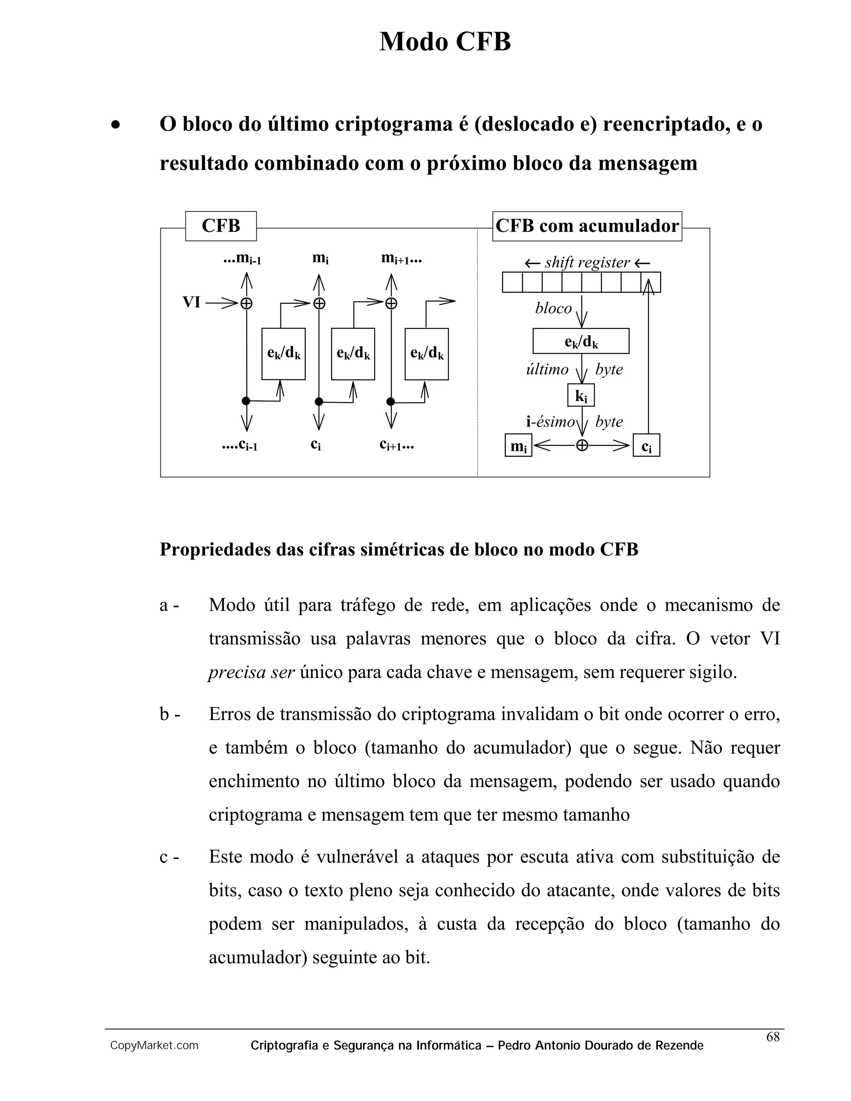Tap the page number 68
point(772,1037)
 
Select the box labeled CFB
point(221,226)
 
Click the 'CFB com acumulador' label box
point(587,226)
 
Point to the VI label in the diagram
point(191,302)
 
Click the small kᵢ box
point(581,396)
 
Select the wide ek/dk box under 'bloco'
point(581,341)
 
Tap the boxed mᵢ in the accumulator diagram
point(518,446)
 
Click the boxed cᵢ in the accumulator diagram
point(646,446)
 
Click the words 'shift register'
point(587,263)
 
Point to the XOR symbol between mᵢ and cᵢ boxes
point(582,446)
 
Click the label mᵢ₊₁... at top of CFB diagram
point(401,259)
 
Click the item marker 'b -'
point(170,714)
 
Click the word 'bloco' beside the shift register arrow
point(553,308)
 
